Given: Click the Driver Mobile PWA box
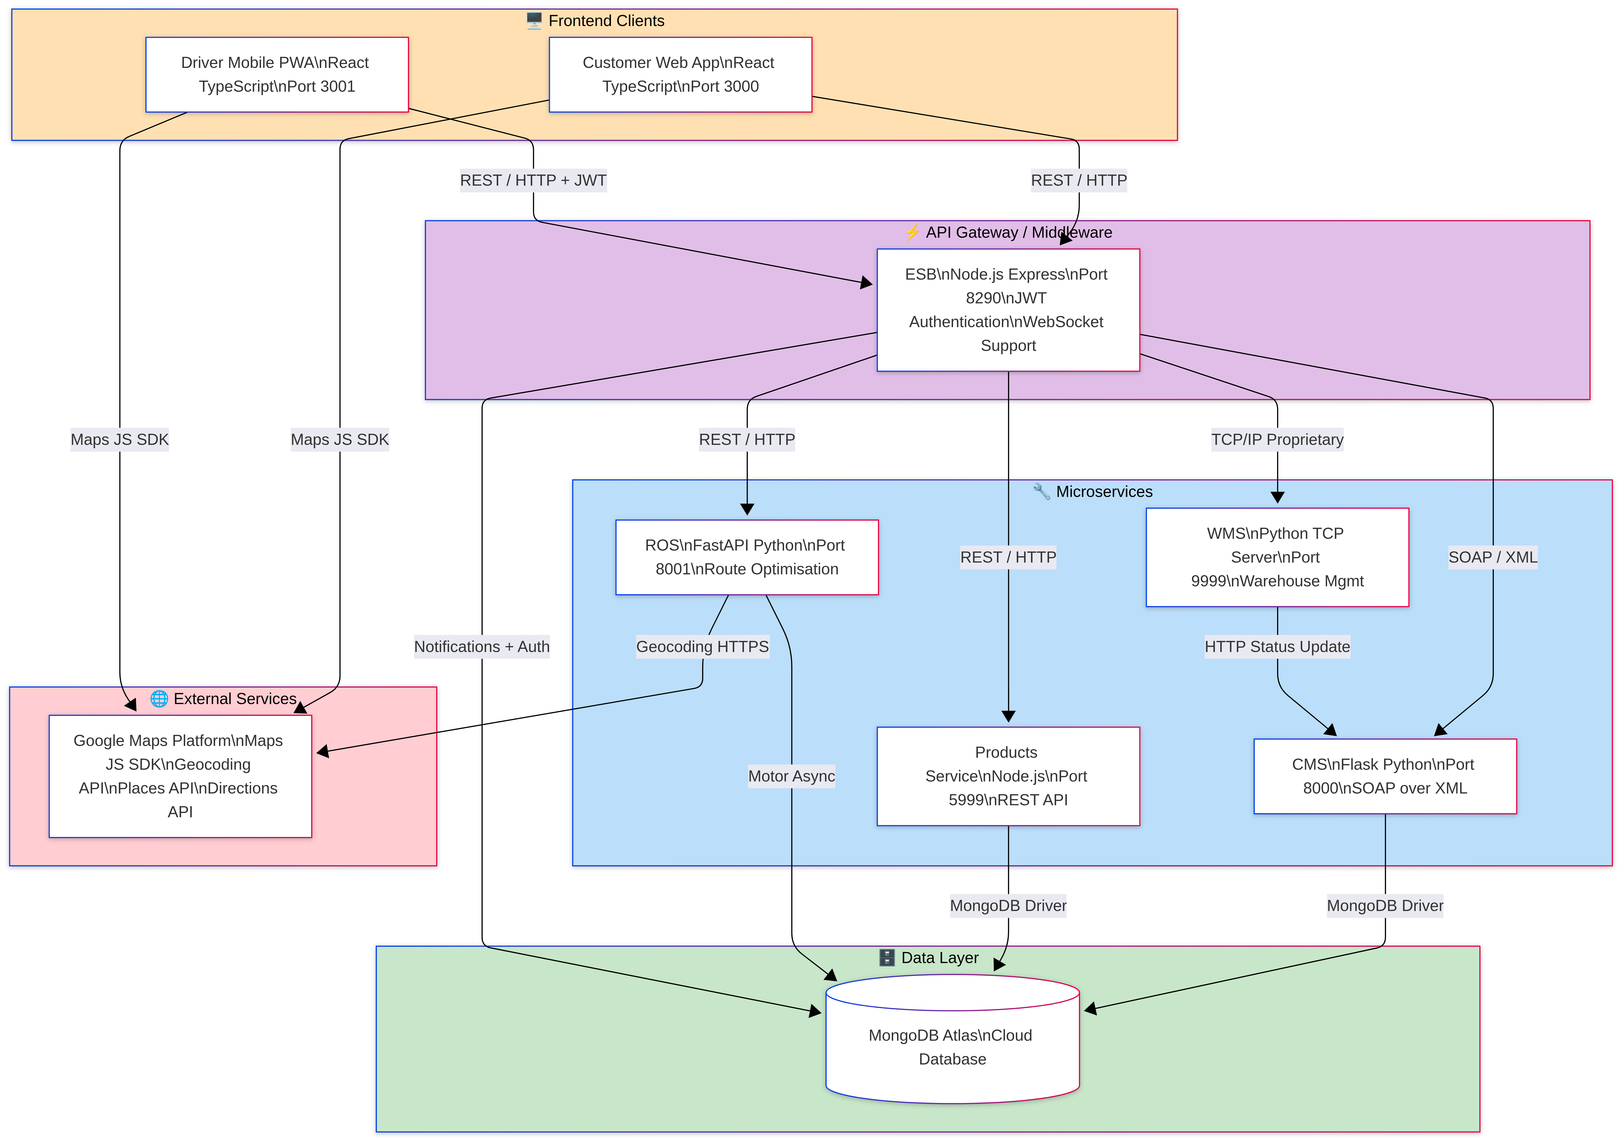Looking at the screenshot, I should tap(277, 75).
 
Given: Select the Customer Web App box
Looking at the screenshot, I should tap(680, 75).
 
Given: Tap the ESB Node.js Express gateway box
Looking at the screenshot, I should tap(1008, 310).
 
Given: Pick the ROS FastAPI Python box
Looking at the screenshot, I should tap(747, 557).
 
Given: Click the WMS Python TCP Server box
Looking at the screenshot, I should tap(1277, 557).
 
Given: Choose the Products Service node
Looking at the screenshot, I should tap(1008, 776).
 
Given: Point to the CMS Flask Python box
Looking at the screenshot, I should tap(1385, 776).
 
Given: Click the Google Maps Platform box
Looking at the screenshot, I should tap(180, 776).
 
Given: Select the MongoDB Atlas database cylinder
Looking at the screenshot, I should tap(952, 1046).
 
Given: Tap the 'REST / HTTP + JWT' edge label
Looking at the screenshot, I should tap(533, 181).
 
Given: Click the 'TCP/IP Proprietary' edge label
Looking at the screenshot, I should tap(1277, 440).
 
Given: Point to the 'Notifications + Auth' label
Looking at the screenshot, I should tap(482, 647).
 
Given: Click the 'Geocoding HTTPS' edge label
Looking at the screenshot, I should tap(702, 647).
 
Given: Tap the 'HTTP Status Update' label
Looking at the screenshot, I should tap(1277, 647).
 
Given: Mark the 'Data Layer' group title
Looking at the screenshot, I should tap(940, 958).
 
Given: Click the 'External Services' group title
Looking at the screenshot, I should tap(235, 699).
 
